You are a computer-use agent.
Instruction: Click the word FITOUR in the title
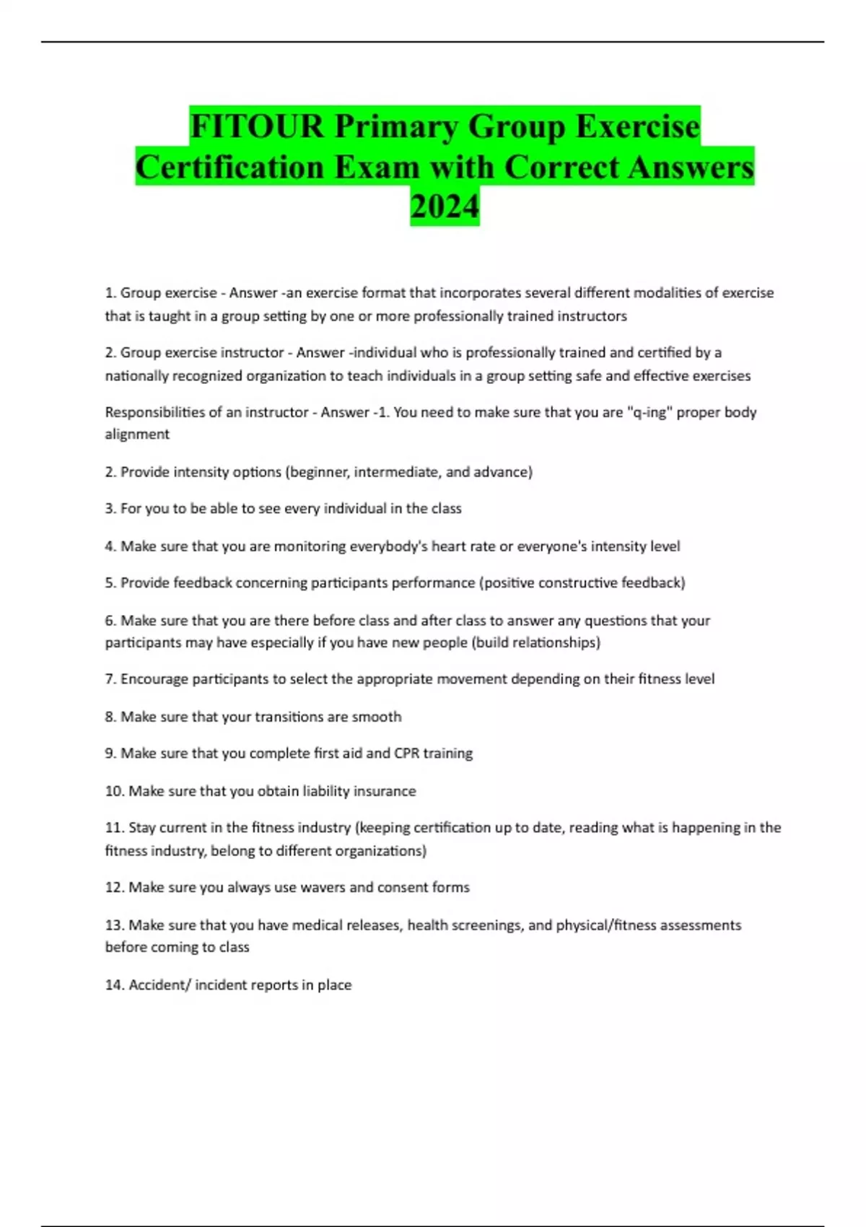pos(257,126)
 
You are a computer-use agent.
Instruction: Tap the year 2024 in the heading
pos(445,206)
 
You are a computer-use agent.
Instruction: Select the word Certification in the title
pos(229,167)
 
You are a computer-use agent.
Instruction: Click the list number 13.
pos(114,925)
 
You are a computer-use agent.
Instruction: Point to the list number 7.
pos(110,679)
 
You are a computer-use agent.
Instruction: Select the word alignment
pos(137,434)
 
